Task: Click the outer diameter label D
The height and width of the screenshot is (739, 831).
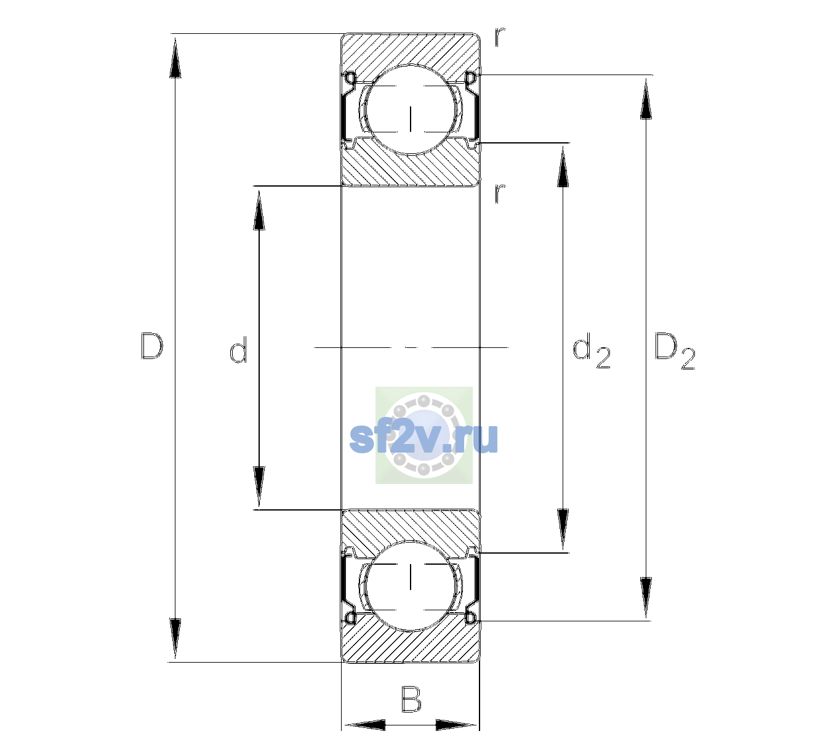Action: (151, 346)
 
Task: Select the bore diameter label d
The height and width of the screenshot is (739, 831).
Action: (238, 350)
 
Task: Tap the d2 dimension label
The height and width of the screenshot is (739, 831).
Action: (591, 351)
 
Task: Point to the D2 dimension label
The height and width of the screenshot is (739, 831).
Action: (675, 351)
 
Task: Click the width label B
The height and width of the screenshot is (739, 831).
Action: (411, 699)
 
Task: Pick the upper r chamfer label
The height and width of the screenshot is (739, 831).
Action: (499, 37)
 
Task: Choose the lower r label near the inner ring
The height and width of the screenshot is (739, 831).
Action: (499, 193)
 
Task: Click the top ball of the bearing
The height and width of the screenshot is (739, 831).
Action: (411, 110)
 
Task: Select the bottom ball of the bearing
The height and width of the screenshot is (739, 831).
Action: (411, 586)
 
